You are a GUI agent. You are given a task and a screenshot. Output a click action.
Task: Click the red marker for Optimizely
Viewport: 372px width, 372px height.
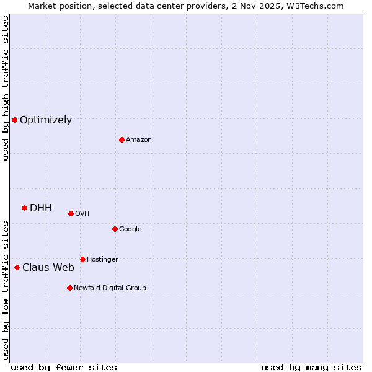point(14,120)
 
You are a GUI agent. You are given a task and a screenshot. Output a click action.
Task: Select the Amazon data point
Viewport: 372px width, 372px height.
point(122,139)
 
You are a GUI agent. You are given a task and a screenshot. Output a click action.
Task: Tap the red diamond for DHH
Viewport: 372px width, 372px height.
point(24,208)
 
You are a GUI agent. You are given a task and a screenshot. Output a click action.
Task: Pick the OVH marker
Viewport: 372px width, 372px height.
point(71,213)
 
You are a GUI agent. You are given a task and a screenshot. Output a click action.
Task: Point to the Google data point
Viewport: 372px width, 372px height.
point(115,229)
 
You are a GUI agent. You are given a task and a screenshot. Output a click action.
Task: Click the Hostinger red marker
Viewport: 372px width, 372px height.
point(82,259)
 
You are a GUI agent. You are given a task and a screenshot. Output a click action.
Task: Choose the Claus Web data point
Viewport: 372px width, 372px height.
point(17,267)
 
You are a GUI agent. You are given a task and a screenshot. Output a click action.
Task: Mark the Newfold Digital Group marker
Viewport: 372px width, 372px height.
point(69,288)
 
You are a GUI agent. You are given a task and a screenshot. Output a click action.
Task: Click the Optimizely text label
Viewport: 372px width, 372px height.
point(46,120)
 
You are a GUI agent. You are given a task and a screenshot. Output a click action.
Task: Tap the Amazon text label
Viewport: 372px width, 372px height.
point(139,140)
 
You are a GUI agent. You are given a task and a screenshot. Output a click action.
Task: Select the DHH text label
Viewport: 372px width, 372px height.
point(41,208)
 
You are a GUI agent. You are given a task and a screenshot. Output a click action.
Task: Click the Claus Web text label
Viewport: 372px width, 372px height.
point(48,268)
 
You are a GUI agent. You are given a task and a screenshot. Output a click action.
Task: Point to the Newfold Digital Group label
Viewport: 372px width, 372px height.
point(110,288)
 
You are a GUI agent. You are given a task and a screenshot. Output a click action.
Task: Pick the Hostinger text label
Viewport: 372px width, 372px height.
point(102,259)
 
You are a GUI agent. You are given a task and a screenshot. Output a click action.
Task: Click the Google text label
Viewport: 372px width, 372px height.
point(130,229)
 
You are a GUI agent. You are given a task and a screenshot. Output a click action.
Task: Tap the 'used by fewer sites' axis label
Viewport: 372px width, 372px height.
point(64,367)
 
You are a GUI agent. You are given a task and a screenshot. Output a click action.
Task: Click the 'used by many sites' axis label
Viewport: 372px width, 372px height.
point(311,367)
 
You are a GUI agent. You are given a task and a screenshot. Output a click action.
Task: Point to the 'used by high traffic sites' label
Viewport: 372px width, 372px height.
point(6,88)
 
